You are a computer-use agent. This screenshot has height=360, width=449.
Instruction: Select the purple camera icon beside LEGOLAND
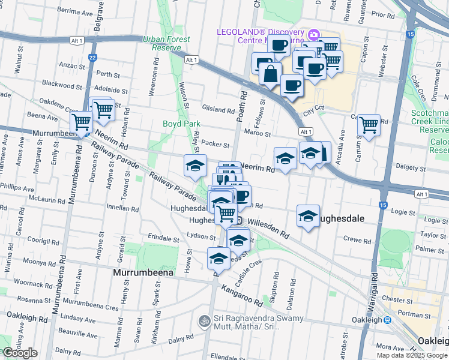313,35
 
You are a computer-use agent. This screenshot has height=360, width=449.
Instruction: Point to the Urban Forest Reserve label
166,43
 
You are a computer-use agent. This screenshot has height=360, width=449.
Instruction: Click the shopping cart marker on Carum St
369,125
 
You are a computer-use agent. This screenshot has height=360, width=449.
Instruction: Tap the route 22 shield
92,58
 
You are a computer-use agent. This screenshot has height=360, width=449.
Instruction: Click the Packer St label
215,144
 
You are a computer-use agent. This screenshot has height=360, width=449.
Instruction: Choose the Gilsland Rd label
218,110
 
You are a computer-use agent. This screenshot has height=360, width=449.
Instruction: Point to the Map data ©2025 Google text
412,355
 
